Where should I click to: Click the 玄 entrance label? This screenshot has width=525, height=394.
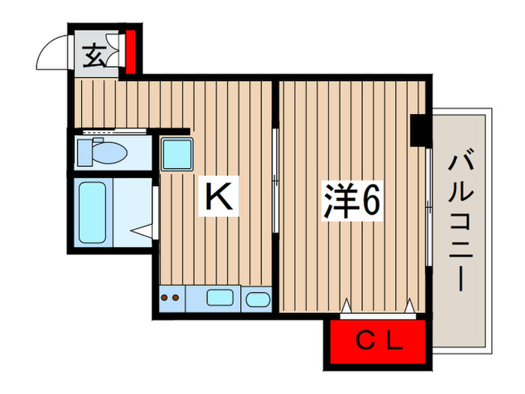pos(94,57)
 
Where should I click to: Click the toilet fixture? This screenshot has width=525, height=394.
pos(103,153)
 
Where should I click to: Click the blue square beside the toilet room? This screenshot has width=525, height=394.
pos(177,153)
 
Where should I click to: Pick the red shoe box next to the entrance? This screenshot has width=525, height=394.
pos(130,51)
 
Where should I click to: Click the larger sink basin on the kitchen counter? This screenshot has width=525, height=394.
pos(220,299)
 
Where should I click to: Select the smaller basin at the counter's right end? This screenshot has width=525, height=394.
pos(257,299)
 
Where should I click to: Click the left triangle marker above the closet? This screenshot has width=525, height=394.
pos(346,306)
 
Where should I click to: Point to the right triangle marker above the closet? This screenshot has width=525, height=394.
pos(410,306)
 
